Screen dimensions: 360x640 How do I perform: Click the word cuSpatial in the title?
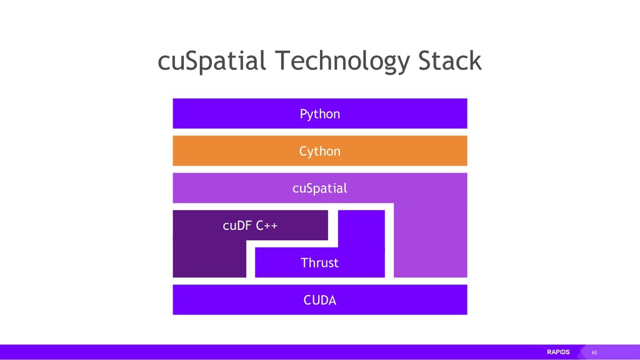[212, 62]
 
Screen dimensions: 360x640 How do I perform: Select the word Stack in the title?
[449, 62]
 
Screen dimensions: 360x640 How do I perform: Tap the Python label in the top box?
[320, 114]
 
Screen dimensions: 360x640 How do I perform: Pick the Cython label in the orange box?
[320, 151]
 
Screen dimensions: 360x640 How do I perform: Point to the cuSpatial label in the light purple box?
[320, 188]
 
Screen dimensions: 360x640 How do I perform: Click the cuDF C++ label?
[251, 226]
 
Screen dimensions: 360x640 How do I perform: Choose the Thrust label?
[320, 263]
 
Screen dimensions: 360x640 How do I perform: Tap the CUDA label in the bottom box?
[320, 300]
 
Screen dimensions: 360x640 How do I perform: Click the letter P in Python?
[303, 114]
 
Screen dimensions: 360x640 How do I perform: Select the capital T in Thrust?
[304, 263]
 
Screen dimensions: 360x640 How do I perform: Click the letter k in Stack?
[475, 62]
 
